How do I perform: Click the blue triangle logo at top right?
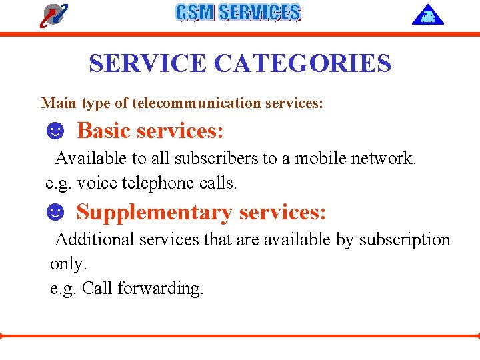(x=427, y=15)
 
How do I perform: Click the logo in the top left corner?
(x=53, y=15)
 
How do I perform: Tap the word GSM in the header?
(x=195, y=13)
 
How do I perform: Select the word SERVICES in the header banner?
(x=259, y=13)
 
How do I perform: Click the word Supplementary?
(x=155, y=212)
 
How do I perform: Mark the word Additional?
(x=92, y=239)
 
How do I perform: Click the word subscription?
(x=405, y=239)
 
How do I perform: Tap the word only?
(x=68, y=264)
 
